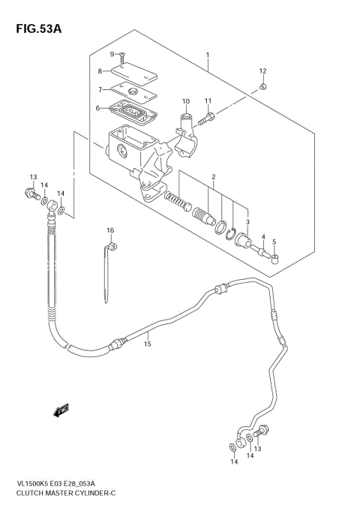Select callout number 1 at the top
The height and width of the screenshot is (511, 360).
(208, 55)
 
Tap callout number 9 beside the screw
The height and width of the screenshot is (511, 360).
(112, 54)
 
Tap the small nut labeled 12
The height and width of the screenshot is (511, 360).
(263, 89)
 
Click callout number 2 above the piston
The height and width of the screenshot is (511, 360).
(213, 177)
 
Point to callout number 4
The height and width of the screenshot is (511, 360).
(263, 237)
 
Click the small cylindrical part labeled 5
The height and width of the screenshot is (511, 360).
(275, 260)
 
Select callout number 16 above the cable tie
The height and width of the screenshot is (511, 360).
(109, 230)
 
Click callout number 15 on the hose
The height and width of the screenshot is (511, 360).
(148, 344)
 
